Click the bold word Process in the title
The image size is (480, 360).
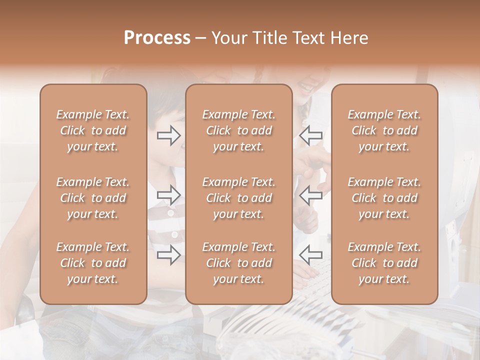coord(157,38)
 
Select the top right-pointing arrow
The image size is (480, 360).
coord(169,135)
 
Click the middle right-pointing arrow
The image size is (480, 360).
coord(169,195)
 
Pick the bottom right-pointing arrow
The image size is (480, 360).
coord(169,255)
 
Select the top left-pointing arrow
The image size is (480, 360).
coord(311,135)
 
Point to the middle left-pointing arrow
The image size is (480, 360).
coord(311,195)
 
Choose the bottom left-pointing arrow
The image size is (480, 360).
coord(311,255)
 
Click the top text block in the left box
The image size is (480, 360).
coord(93,130)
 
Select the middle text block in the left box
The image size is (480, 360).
coord(93,198)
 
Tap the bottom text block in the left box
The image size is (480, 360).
coord(93,263)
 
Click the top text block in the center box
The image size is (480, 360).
coord(239,130)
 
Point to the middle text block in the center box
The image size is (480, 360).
coord(239,198)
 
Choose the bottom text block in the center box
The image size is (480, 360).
coord(239,263)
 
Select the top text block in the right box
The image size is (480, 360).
coord(384,130)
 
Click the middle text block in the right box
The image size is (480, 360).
coord(384,198)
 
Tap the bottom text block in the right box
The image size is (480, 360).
coord(384,263)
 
